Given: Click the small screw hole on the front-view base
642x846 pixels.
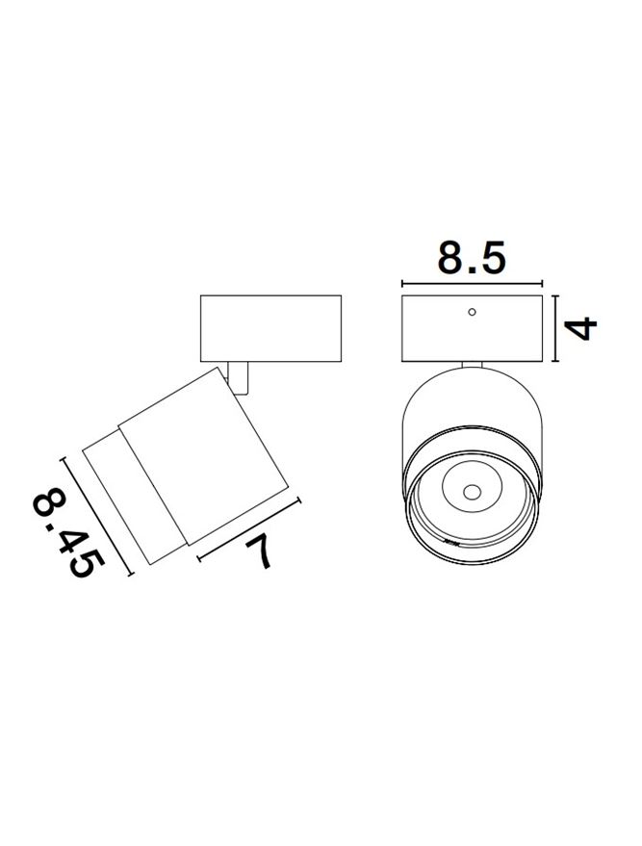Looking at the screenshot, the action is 472,312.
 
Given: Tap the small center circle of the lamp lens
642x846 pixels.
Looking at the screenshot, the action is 472,492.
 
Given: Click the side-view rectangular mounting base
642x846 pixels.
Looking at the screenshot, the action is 270,328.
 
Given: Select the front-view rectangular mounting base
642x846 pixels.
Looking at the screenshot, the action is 472,328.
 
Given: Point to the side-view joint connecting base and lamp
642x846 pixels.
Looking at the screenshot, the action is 239,377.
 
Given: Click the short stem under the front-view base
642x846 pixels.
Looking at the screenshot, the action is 472,365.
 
